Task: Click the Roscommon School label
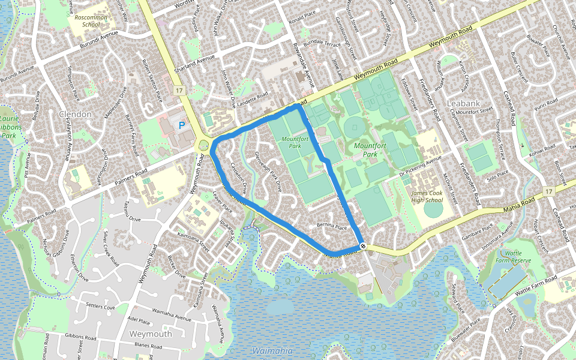[90, 22]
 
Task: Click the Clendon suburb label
[75, 114]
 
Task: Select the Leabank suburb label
[464, 104]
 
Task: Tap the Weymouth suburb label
[150, 334]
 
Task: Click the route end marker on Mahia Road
[364, 246]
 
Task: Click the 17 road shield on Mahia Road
[549, 191]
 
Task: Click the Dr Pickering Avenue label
[420, 164]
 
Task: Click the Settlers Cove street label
[100, 307]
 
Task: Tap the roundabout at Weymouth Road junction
[204, 145]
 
